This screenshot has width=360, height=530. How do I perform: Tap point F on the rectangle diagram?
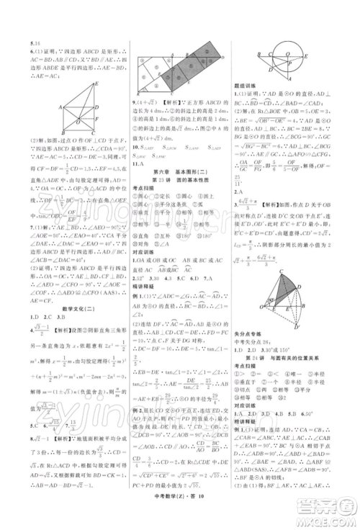coord(96,119)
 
